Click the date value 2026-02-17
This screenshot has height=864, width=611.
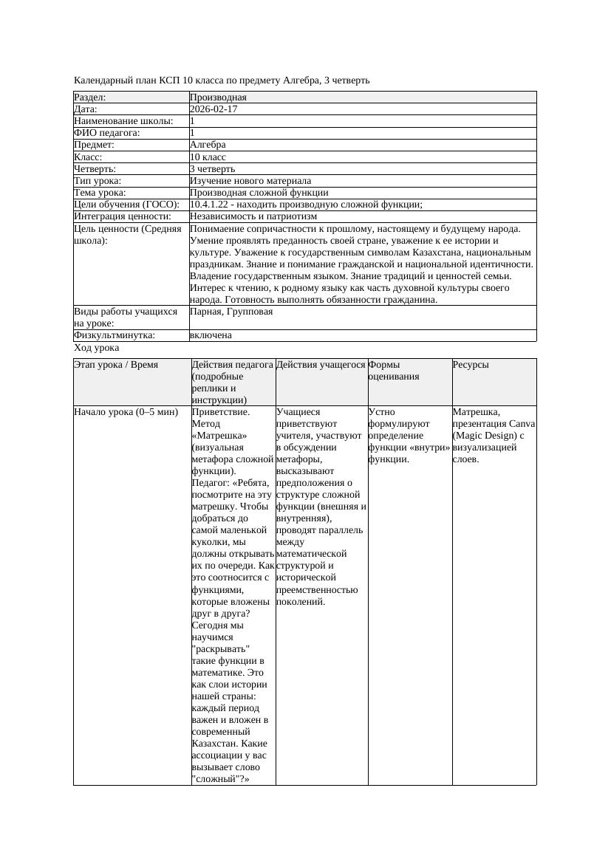click(214, 109)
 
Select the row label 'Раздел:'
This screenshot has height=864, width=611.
click(90, 97)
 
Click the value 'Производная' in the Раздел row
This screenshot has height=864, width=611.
click(218, 97)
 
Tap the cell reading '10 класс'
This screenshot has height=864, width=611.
click(208, 157)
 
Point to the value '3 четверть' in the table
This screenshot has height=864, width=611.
click(212, 169)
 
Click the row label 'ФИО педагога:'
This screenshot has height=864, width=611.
click(107, 133)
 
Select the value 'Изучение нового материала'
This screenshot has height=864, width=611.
click(250, 181)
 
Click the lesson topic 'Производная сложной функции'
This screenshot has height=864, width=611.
click(259, 193)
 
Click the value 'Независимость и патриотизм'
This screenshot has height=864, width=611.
click(253, 216)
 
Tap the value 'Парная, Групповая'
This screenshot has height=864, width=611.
click(231, 312)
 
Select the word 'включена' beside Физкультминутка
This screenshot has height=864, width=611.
click(211, 335)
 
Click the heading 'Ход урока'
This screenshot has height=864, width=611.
click(96, 348)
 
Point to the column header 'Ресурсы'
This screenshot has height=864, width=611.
click(471, 365)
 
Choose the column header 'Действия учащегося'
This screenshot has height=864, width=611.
click(321, 365)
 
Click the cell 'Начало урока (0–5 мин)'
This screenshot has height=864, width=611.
click(126, 412)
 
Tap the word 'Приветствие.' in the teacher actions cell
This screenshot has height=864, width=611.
click(220, 412)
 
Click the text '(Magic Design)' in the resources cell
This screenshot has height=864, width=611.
click(483, 436)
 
